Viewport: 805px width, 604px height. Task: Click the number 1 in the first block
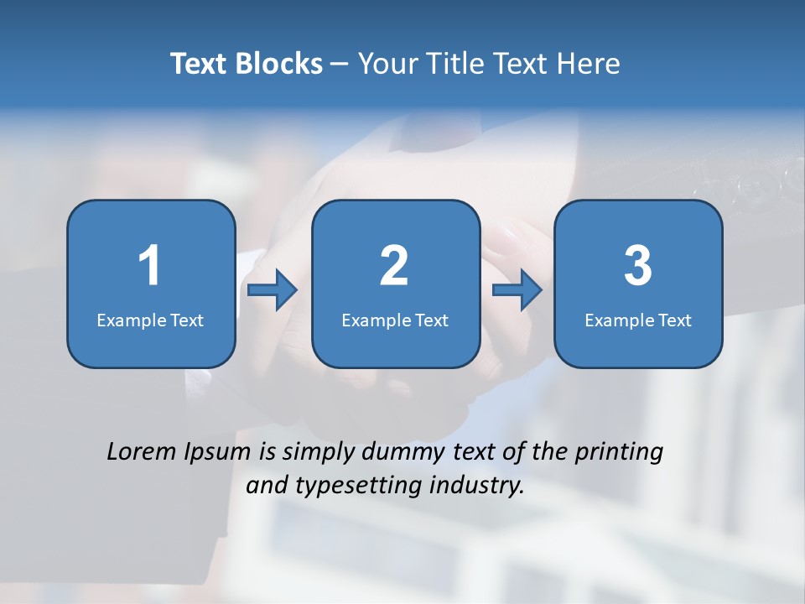(150, 266)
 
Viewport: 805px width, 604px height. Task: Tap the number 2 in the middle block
(394, 266)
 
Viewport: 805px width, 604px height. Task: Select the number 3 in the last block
(637, 266)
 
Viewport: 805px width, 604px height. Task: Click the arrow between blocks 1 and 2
(273, 290)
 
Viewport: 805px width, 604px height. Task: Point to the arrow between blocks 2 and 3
(517, 290)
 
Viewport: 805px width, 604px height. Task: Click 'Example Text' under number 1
(150, 320)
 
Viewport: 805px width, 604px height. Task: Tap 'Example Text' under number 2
(395, 320)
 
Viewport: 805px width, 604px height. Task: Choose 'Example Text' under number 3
(638, 320)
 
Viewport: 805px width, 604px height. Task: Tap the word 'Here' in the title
(589, 64)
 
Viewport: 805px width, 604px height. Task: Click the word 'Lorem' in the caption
(142, 452)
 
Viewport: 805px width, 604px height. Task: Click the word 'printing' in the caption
(619, 453)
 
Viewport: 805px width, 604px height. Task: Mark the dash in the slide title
(340, 65)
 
